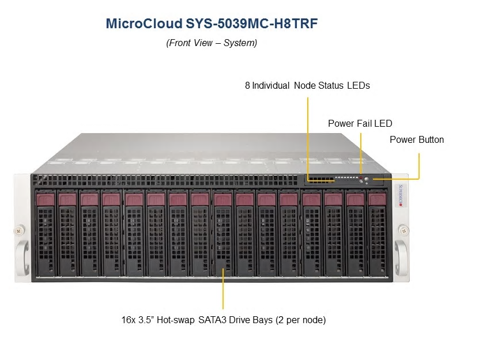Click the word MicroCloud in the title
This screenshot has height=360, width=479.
coord(144,24)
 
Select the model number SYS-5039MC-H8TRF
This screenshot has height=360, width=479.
coord(252,24)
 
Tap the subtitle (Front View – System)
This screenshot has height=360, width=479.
coord(212,43)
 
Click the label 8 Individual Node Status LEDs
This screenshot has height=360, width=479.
coord(307,85)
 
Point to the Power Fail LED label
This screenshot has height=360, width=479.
coord(360,123)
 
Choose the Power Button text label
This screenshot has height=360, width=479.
coord(417,139)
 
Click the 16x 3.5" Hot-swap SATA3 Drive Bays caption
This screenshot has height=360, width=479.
coord(224,320)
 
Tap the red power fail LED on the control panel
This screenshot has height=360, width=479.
coord(360,177)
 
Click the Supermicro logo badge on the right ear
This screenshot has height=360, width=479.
coord(401,195)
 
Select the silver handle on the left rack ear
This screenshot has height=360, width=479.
coord(22,257)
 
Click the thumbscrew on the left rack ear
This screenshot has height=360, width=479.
coord(20,230)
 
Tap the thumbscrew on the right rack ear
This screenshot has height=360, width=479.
coord(403,230)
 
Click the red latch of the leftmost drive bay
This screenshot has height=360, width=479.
coord(45,199)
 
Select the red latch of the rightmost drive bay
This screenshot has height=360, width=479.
coord(377,199)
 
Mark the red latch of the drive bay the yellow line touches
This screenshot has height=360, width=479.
coord(222,199)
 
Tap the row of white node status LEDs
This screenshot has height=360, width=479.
coord(346,177)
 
